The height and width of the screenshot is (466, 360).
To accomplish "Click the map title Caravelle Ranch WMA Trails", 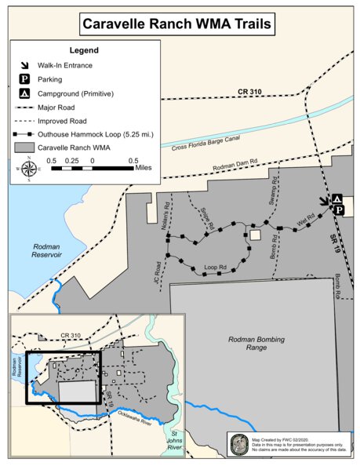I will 179,25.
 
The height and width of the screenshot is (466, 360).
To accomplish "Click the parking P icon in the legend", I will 24,79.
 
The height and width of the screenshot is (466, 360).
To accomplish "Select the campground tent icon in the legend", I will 24,93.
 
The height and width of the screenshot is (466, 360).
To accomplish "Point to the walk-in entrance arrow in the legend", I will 24,65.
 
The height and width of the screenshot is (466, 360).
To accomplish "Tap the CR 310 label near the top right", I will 249,92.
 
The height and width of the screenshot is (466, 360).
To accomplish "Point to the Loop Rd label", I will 215,267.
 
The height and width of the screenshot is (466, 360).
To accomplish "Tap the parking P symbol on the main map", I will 339,210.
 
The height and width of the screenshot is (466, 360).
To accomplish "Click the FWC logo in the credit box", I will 238,445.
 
